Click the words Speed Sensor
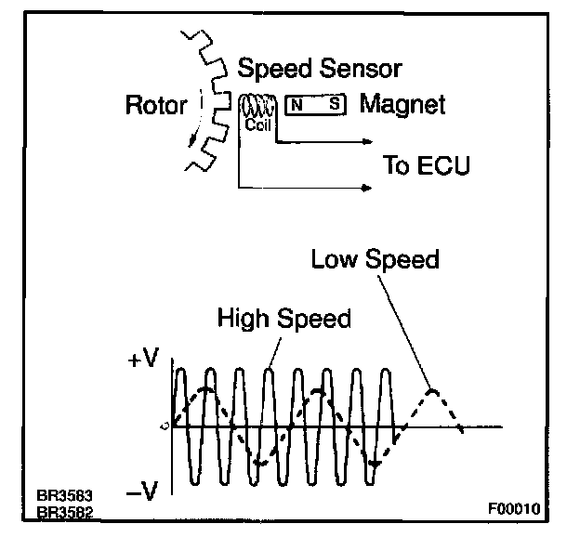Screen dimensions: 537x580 coord(320,68)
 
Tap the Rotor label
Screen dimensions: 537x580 coord(156,104)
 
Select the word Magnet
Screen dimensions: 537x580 coord(402,104)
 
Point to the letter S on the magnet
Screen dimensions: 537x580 coord(333,104)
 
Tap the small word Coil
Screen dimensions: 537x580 coord(257,125)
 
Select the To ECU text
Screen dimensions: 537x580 coord(427,167)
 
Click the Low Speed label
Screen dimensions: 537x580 coord(375,259)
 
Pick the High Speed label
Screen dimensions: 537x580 coord(283,319)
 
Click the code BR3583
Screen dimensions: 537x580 coord(64,496)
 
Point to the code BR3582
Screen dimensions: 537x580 coord(64,512)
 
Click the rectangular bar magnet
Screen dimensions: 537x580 coord(315,104)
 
